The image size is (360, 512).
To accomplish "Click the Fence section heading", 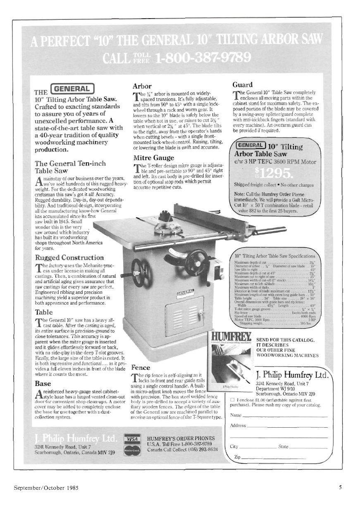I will [x=141, y=367].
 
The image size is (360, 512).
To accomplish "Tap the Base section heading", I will [x=43, y=383].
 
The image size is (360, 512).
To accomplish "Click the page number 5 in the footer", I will [x=340, y=487].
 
